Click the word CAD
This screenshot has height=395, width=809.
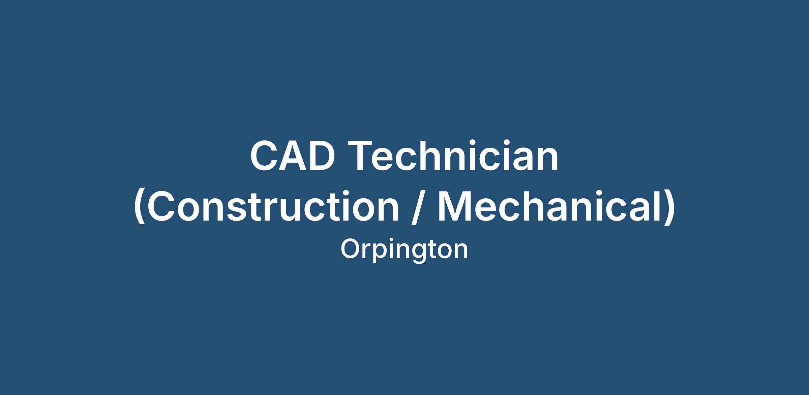(293, 156)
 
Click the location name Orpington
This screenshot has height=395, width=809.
(404, 250)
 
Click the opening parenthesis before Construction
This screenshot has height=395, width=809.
(140, 207)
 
